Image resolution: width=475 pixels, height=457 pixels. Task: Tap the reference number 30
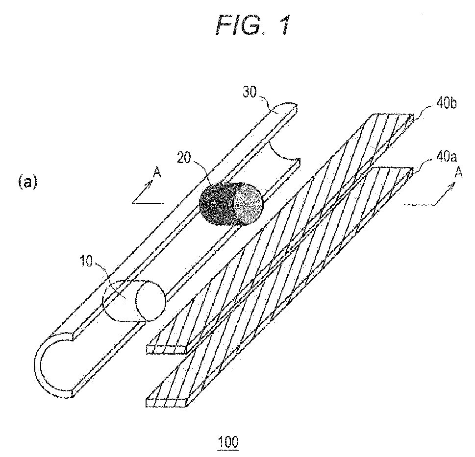(250, 92)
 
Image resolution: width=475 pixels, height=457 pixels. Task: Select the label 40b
(446, 103)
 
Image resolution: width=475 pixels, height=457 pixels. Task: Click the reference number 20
(184, 158)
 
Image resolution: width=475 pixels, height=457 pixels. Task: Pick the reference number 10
(87, 261)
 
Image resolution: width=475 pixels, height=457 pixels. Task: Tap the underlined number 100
(228, 442)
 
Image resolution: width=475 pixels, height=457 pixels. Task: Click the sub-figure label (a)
(28, 183)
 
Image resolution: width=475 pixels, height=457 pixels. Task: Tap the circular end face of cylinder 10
(150, 301)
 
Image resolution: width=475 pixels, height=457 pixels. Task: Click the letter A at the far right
(459, 173)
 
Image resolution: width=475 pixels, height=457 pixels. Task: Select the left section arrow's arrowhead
(150, 184)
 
